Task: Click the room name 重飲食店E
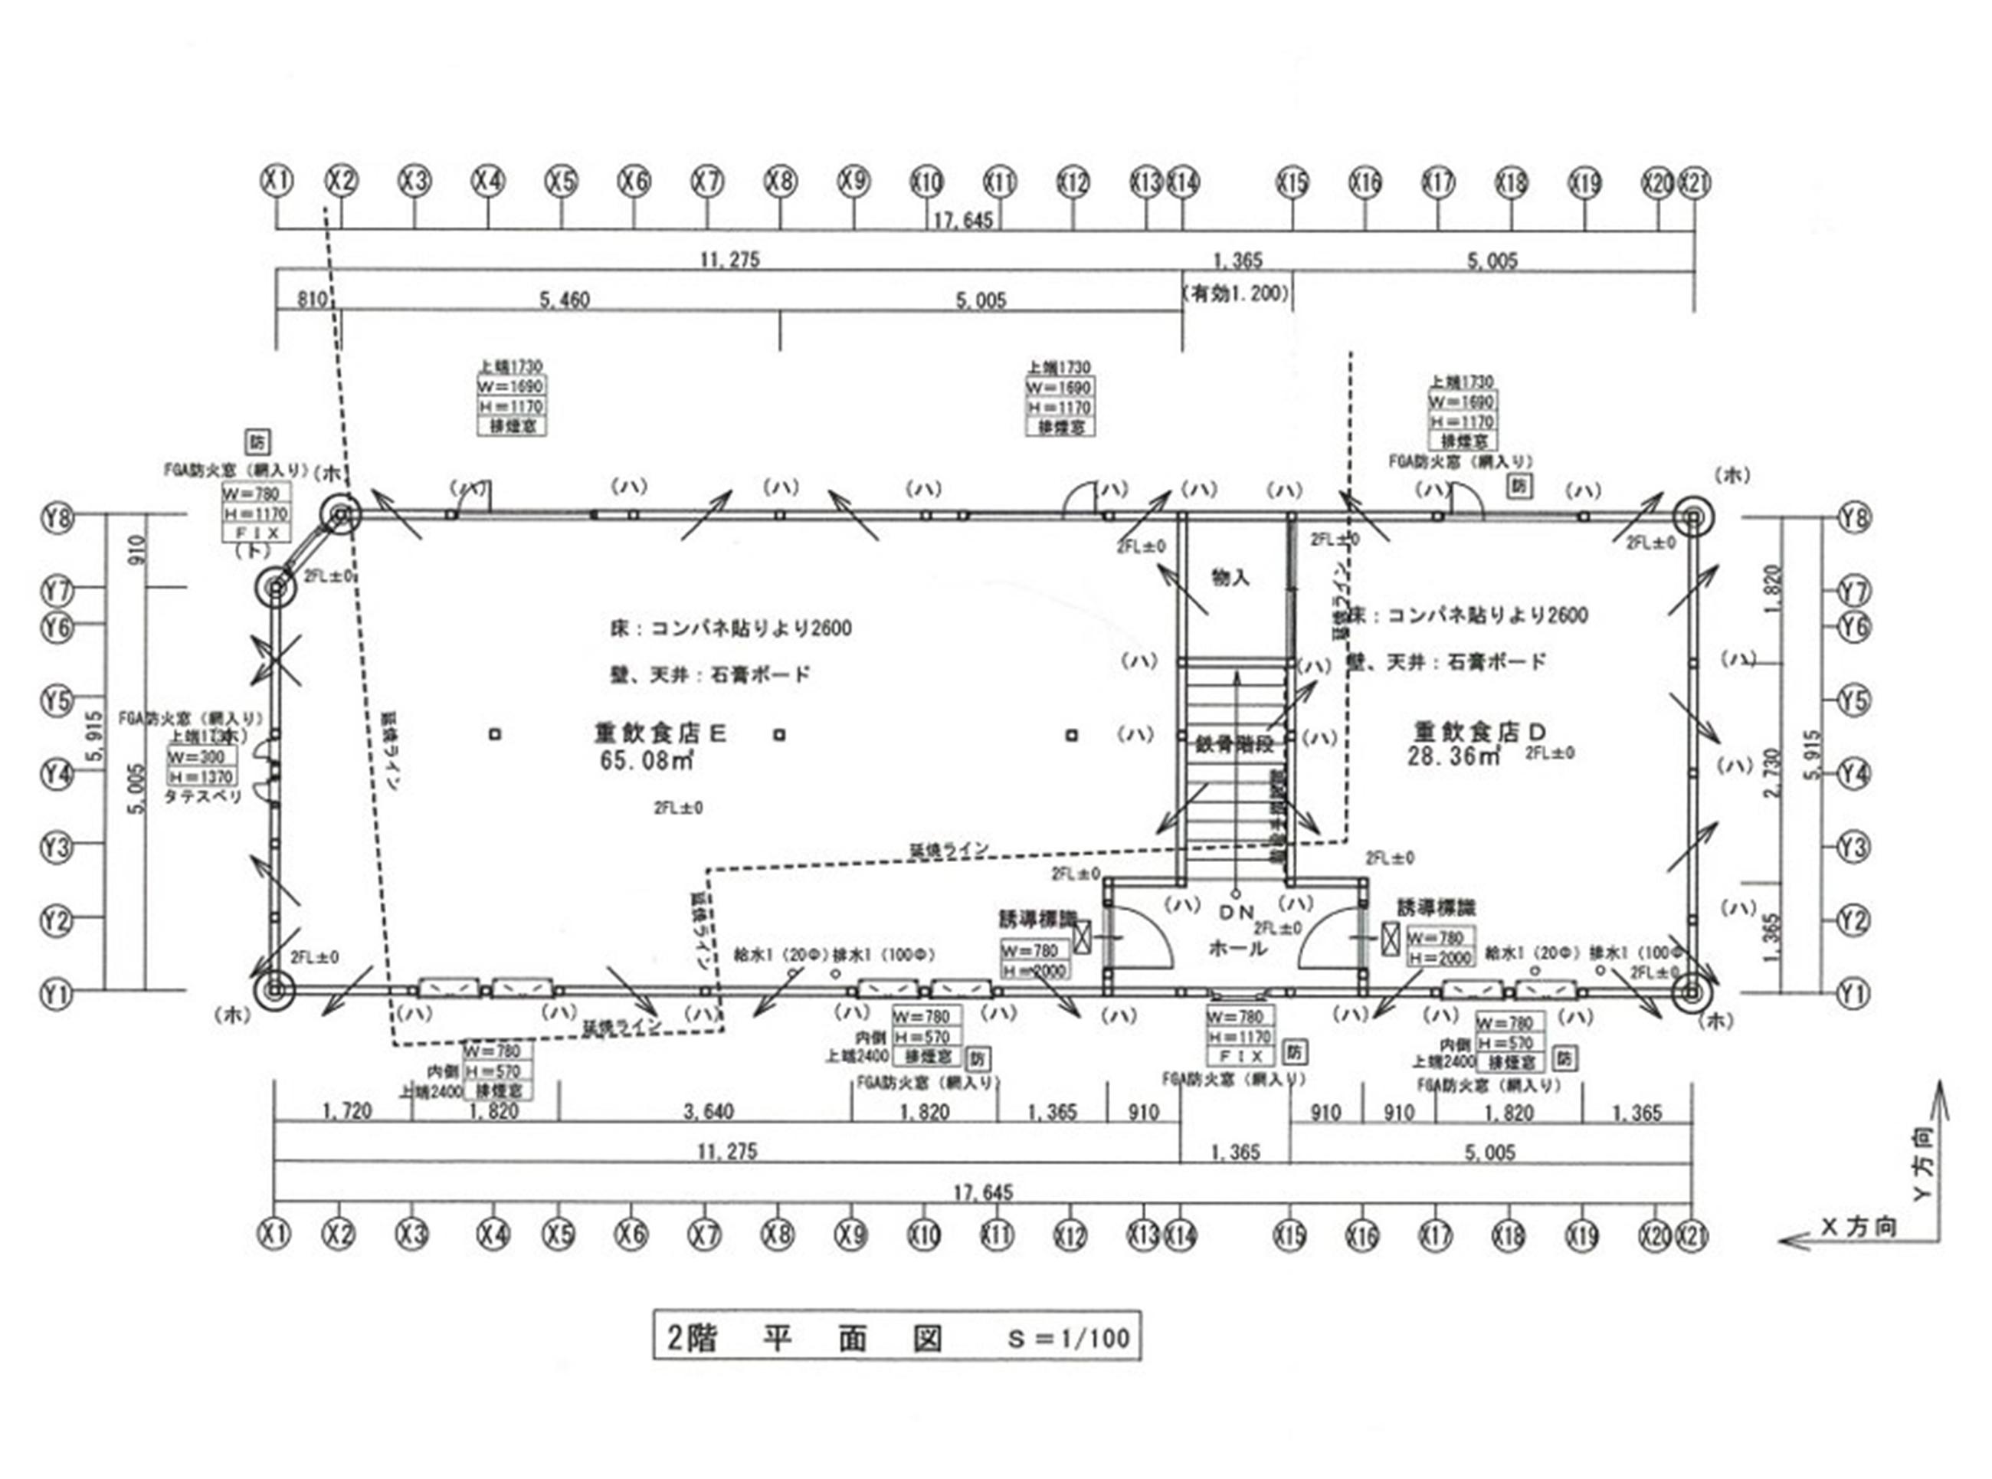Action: pos(660,733)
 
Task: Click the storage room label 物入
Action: pos(1230,579)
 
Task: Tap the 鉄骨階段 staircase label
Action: pos(1234,745)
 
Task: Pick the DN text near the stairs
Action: pos(1237,912)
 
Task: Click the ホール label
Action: pos(1237,947)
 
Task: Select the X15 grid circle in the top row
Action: pos(1293,183)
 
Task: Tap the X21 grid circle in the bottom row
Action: pos(1692,1235)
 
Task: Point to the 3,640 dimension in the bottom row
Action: pos(708,1112)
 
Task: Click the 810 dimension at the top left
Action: pos(311,299)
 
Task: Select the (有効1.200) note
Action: pos(1236,294)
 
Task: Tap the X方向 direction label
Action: pos(1859,1227)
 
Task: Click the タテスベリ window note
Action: pos(203,796)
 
